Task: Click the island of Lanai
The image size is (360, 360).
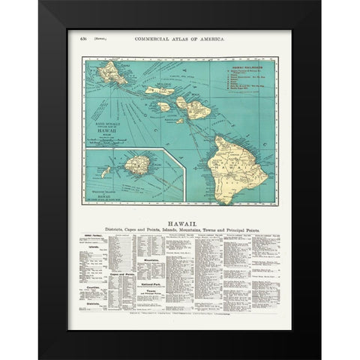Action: click(163, 107)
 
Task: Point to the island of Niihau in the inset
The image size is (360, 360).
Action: click(109, 172)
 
